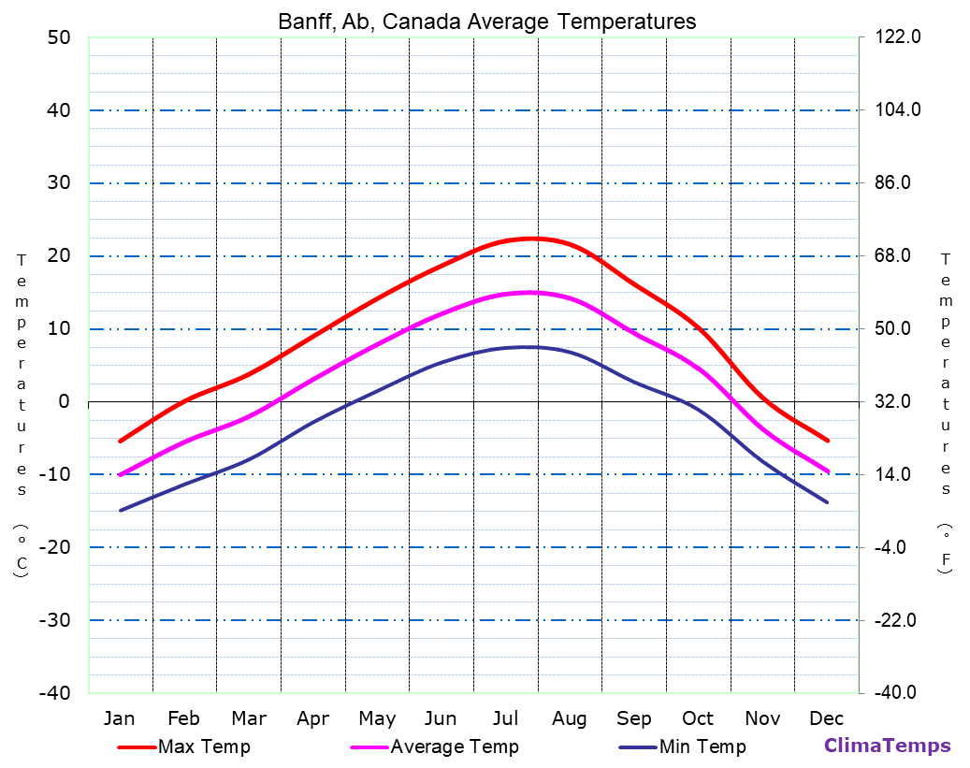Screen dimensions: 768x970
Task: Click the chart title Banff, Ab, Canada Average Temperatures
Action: tap(486, 22)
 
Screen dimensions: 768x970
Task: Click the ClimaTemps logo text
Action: tap(887, 746)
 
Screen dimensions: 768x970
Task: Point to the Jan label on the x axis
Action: tap(119, 718)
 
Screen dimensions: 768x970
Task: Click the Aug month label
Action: tap(569, 718)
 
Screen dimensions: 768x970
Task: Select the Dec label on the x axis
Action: tap(827, 718)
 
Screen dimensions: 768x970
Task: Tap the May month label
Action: tap(377, 718)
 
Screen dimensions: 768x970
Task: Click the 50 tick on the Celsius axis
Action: tap(59, 37)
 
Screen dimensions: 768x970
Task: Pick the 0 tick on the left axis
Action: tap(64, 401)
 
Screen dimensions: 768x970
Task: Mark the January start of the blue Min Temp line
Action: tap(121, 510)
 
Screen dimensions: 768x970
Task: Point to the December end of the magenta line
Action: tap(827, 471)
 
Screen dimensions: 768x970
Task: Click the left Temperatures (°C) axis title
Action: tap(21, 416)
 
